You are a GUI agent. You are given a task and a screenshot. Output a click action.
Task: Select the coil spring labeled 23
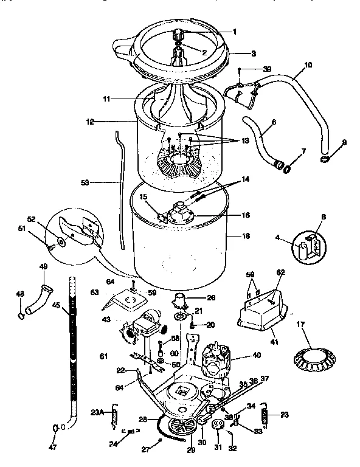click(x=265, y=416)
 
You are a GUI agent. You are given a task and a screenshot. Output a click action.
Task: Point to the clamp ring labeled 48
click(x=21, y=314)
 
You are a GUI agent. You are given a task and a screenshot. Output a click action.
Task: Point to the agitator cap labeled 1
click(x=180, y=32)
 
